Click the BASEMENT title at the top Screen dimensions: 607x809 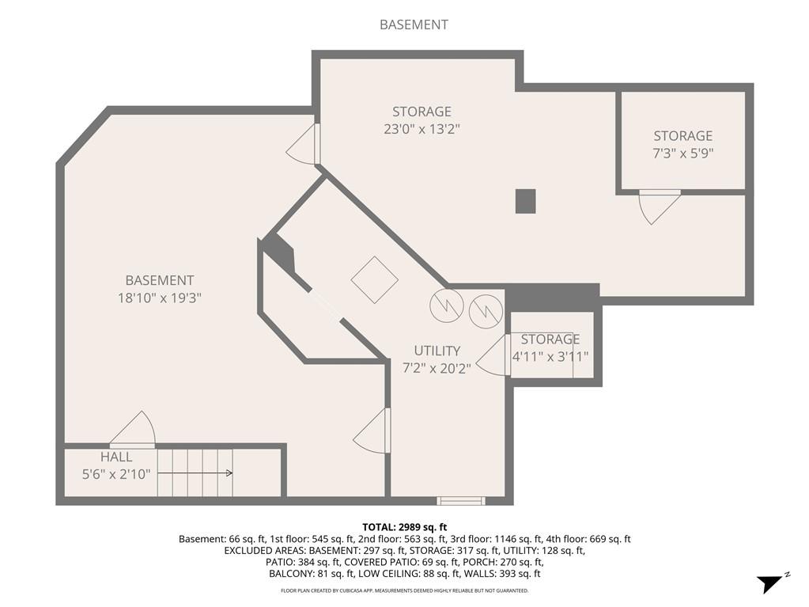414,25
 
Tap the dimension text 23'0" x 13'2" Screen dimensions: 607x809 422,129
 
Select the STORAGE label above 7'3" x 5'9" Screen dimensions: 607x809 682,136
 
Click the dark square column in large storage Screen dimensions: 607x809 525,201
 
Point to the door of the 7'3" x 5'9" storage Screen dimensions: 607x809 659,205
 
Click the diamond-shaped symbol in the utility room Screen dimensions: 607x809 375,279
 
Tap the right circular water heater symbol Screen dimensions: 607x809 485,311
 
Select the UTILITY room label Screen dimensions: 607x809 437,351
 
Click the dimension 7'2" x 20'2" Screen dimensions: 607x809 437,368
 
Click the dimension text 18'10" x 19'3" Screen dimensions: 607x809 159,298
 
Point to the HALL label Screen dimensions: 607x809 116,457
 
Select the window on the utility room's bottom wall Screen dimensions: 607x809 461,500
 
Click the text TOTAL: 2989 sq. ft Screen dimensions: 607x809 404,527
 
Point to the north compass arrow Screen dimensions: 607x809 770,584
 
